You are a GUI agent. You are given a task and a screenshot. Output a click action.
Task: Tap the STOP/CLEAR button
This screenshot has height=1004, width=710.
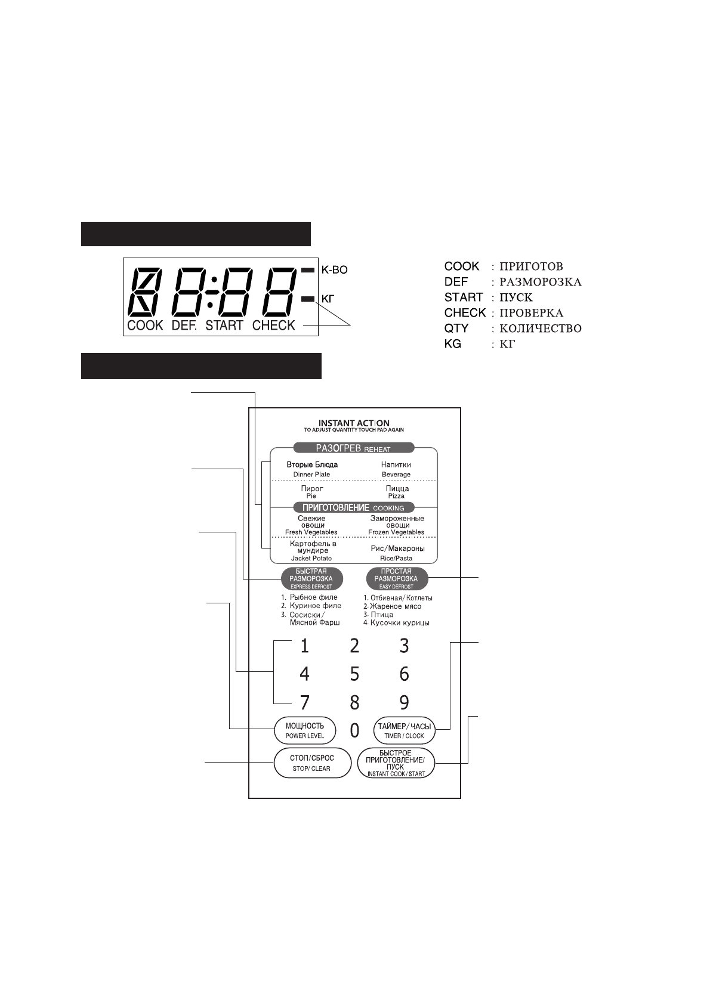[x=311, y=763]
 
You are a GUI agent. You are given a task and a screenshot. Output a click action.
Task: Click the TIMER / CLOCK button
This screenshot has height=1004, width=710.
[x=404, y=730]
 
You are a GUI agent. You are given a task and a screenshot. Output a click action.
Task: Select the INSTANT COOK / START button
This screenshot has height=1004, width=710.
[x=396, y=763]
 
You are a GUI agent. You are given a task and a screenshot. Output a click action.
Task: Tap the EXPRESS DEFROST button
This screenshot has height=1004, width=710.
[x=311, y=578]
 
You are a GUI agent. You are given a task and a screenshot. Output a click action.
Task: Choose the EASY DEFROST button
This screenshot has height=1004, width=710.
[x=396, y=578]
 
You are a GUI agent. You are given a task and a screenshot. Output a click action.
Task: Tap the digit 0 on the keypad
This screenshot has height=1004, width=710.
[x=354, y=730]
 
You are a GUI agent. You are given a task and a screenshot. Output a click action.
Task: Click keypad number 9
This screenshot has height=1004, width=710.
[x=404, y=702]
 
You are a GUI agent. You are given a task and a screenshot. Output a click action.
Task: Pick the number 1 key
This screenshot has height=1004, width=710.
[x=304, y=646]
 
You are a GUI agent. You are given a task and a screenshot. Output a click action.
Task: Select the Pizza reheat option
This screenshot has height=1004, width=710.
[x=396, y=491]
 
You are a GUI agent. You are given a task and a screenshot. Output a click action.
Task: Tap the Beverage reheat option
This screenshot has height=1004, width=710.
[x=396, y=469]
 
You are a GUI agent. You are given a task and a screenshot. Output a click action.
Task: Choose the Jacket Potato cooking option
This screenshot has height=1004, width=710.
[x=312, y=550]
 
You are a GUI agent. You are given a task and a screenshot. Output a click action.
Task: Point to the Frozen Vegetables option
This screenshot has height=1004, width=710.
[x=396, y=525]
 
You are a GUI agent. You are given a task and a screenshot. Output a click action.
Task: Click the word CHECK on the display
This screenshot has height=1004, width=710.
[x=274, y=326]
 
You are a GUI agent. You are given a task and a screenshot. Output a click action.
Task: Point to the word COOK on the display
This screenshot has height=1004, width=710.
[x=145, y=326]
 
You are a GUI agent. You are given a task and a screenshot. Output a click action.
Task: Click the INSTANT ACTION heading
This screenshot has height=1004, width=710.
[x=354, y=423]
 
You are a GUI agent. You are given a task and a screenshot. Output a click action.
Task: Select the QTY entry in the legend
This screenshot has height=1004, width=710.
[x=456, y=329]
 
